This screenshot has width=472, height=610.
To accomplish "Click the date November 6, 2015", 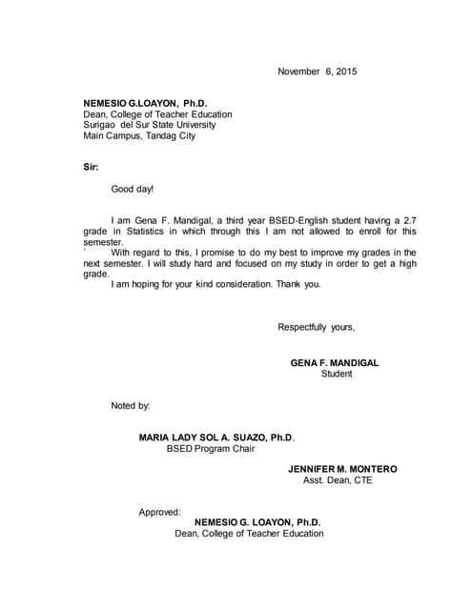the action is [318, 71].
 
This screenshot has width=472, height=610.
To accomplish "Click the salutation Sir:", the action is [92, 167].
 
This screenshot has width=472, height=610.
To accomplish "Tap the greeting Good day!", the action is [133, 190].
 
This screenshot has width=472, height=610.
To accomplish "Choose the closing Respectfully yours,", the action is [317, 327].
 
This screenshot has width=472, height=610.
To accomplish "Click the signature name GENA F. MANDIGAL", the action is [335, 362].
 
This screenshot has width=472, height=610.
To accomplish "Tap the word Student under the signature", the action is [337, 374].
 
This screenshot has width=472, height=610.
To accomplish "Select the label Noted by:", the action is [131, 406].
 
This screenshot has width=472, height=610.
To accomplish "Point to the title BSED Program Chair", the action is [211, 449].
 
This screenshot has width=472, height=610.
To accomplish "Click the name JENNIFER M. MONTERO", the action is [342, 469].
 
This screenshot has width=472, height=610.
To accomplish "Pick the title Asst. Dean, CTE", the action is [338, 480].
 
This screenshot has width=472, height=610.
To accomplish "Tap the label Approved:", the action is [159, 512].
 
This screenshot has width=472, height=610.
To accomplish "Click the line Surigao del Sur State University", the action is [150, 124].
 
